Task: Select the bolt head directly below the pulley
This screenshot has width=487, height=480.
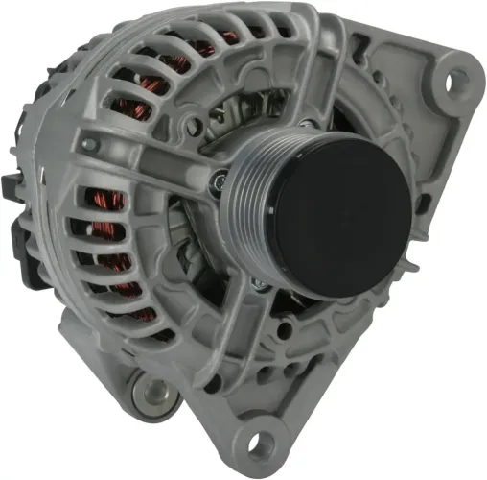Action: [257, 284]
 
